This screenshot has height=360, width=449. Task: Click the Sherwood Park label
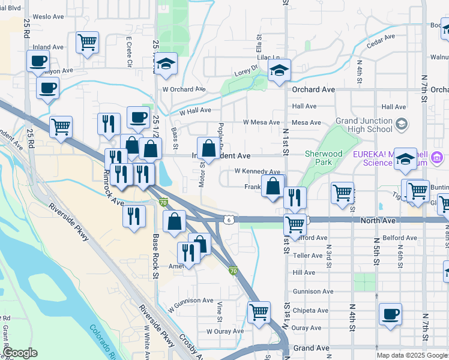[x=323, y=158]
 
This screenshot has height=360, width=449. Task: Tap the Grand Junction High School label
[x=364, y=125]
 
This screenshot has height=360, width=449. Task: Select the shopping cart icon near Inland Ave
[x=87, y=43]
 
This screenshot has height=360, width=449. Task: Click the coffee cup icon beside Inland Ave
[x=38, y=61]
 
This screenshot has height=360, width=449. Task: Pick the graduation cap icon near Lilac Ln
[x=279, y=70]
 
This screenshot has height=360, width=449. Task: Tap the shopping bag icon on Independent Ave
[x=208, y=148]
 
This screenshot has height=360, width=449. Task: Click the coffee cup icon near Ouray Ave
[x=390, y=314]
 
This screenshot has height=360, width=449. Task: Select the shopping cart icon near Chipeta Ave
[x=259, y=311]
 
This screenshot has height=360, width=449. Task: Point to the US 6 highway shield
[x=229, y=220]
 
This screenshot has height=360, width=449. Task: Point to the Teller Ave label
[x=308, y=255]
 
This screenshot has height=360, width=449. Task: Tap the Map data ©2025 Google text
[x=411, y=355]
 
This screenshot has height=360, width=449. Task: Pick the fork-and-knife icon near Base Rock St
[x=134, y=215]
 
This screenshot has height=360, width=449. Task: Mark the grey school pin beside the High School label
[x=402, y=124]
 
